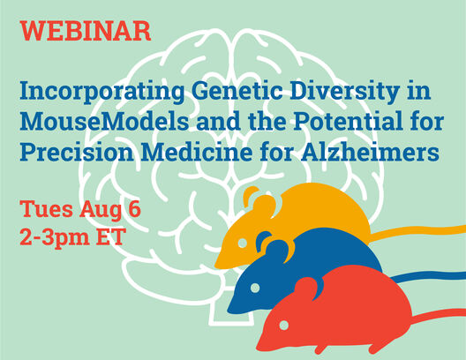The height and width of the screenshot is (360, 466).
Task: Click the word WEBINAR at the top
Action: point(85,31)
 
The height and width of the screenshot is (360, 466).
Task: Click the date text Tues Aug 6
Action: point(80,211)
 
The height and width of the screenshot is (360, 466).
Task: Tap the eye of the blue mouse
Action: point(255,289)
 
